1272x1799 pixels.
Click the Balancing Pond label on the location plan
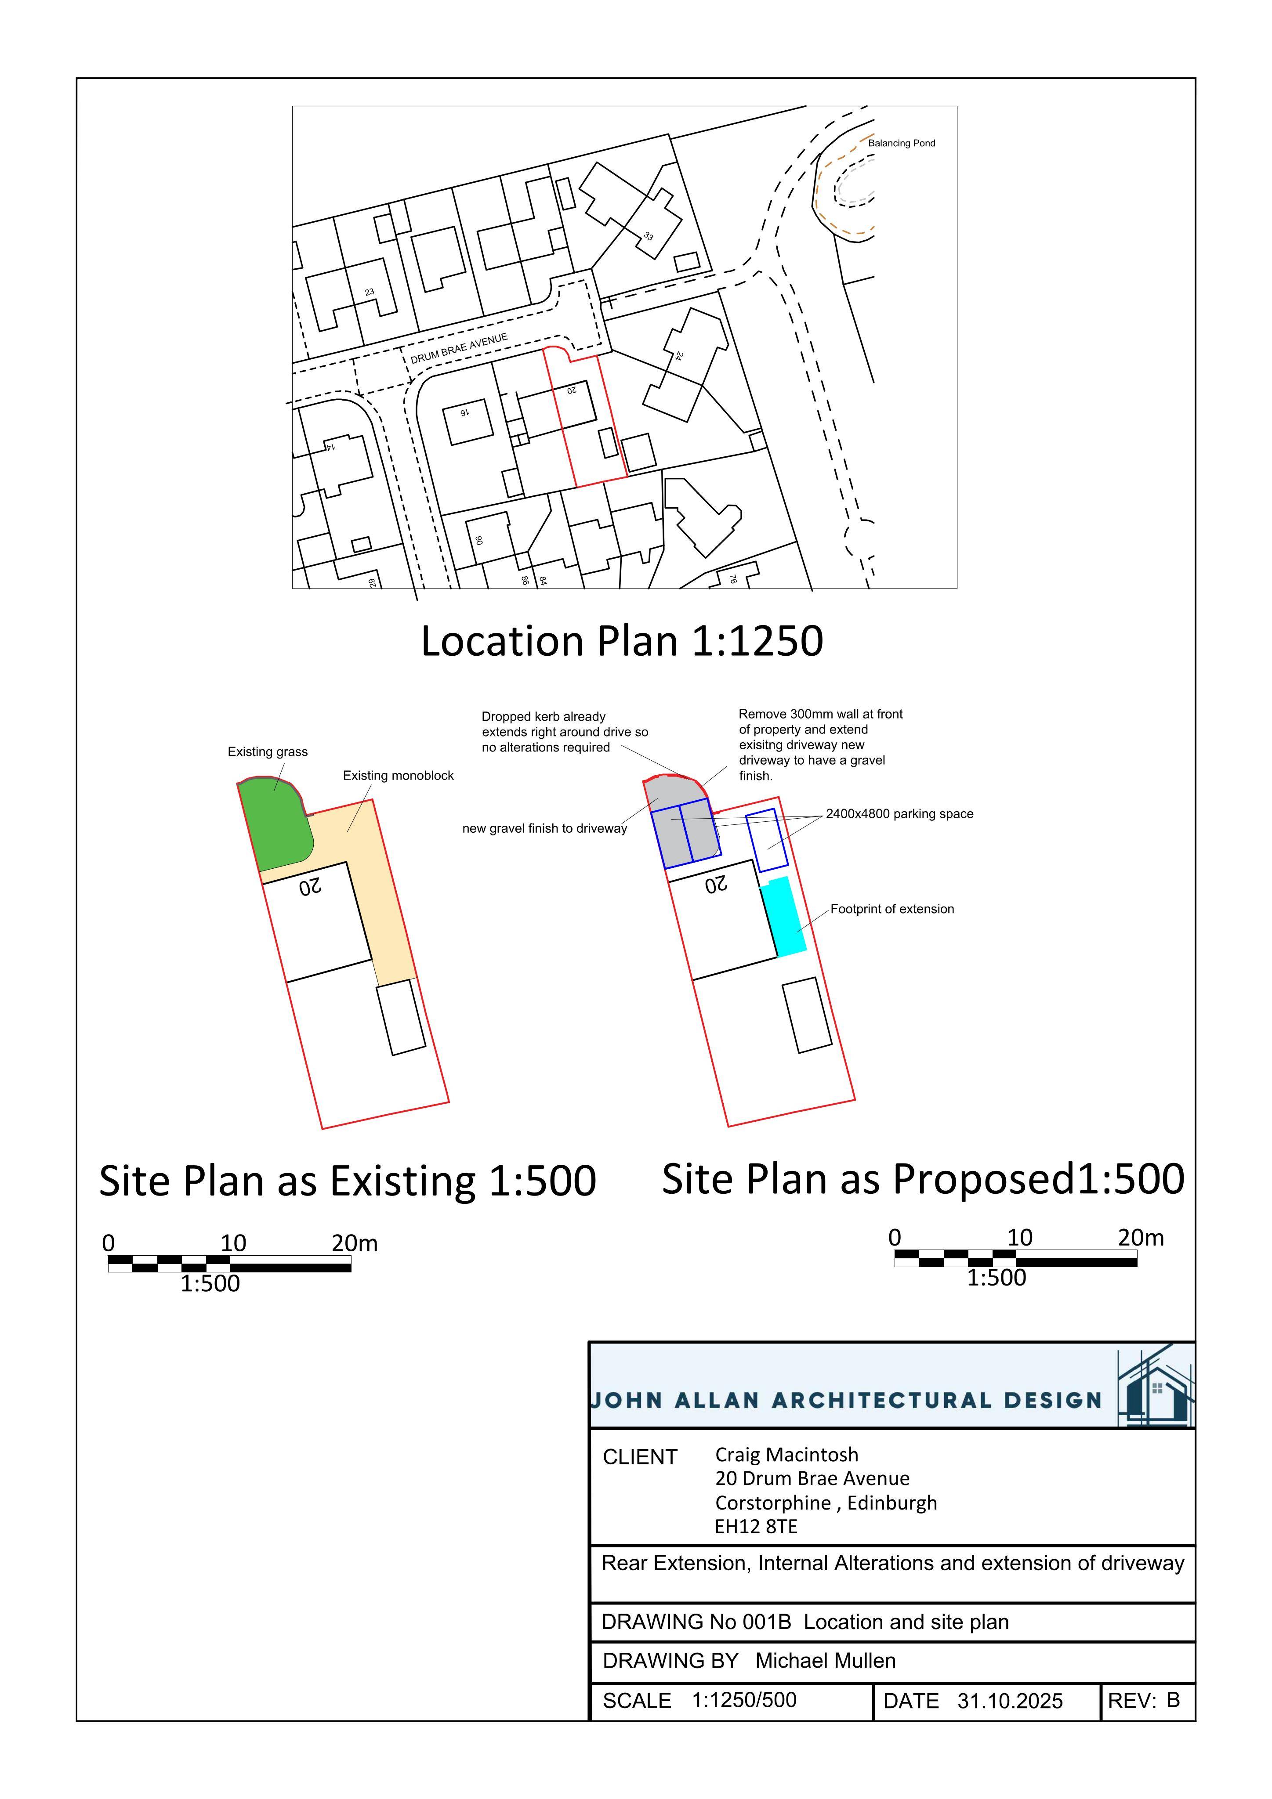click(901, 143)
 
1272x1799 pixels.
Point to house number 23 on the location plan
click(369, 292)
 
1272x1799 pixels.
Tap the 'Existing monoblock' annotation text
click(398, 776)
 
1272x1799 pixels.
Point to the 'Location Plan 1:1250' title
click(622, 641)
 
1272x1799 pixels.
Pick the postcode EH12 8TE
click(756, 1526)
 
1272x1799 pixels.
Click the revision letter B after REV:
click(1172, 1699)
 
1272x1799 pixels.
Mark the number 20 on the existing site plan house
click(310, 886)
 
